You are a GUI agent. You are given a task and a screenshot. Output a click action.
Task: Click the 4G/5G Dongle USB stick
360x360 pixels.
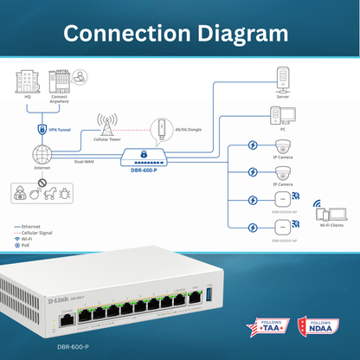158,130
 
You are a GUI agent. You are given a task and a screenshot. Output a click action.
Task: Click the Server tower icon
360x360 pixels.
282,81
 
